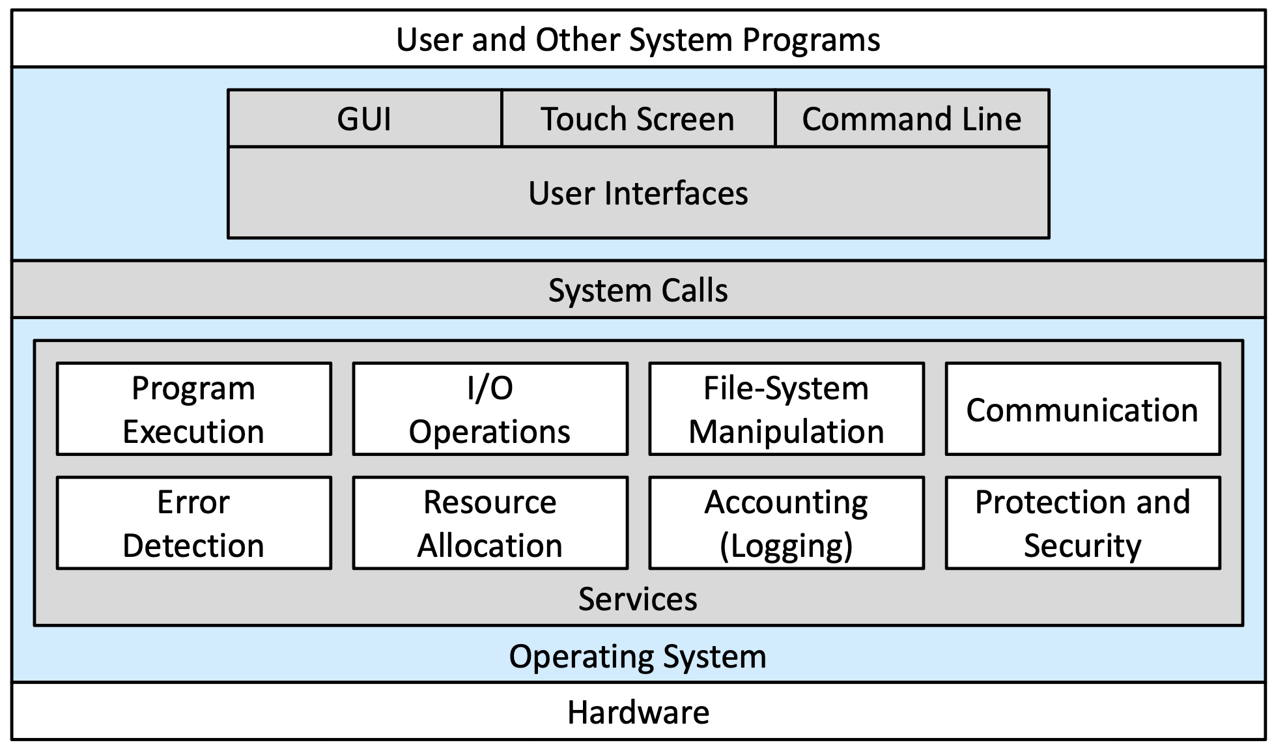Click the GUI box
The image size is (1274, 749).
tap(365, 119)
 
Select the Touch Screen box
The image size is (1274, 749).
tap(638, 119)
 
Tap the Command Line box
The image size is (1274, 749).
tap(912, 119)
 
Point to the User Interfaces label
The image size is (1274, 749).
tap(638, 193)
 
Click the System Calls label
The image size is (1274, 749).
tap(638, 290)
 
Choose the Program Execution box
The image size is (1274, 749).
tap(194, 409)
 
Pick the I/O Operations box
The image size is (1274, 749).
tap(490, 409)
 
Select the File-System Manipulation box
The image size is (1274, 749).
tap(787, 409)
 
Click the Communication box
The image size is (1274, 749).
tap(1083, 409)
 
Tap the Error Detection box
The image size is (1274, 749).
tap(194, 523)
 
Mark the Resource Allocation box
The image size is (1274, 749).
tap(490, 523)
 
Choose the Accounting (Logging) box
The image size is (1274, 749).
tap(787, 523)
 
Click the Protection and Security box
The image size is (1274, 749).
tap(1083, 523)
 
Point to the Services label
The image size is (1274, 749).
tap(638, 599)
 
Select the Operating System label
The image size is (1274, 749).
tap(638, 657)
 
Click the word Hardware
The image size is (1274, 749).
tap(638, 713)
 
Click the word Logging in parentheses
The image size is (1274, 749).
tap(787, 546)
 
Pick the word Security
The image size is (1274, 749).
tap(1083, 546)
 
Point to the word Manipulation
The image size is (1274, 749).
tap(787, 432)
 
